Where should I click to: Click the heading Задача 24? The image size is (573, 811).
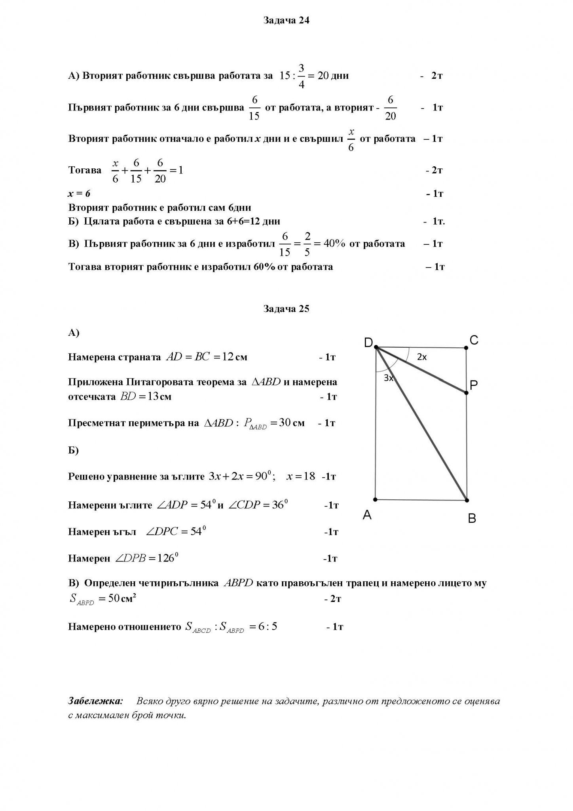(286, 21)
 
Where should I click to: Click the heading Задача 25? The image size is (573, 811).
(286, 309)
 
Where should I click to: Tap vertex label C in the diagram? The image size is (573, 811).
(474, 340)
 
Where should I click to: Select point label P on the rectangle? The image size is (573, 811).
(474, 385)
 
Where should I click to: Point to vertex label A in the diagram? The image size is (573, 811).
(367, 515)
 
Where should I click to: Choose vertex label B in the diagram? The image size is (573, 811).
(472, 518)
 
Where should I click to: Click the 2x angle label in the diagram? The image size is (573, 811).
(422, 357)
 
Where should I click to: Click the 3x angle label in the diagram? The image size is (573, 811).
(389, 378)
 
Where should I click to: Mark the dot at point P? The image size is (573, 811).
(466, 393)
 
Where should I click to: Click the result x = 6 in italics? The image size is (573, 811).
(79, 194)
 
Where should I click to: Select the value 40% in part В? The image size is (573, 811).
(334, 244)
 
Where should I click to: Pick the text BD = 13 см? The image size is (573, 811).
(145, 397)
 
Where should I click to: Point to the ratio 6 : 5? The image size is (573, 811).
(268, 626)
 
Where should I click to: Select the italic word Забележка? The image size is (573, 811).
(95, 701)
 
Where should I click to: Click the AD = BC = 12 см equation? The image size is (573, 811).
(206, 357)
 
